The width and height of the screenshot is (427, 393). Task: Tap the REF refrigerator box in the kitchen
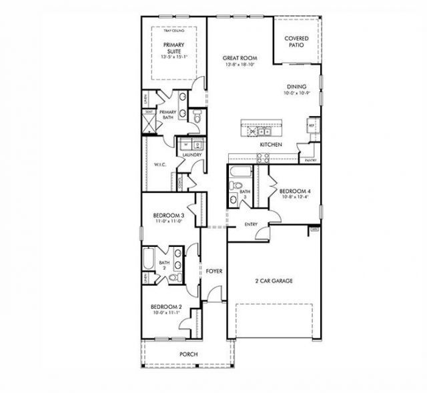click(311, 125)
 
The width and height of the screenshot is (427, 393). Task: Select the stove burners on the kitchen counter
click(262, 158)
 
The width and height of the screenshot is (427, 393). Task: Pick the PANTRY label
click(310, 161)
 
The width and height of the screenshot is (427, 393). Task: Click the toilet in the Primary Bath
click(197, 116)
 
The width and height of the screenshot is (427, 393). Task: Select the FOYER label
click(213, 271)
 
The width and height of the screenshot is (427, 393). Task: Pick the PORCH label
click(188, 354)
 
